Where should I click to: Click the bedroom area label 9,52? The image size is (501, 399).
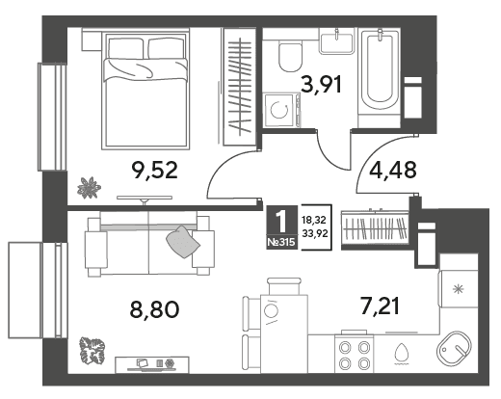pyautogui.click(x=155, y=171)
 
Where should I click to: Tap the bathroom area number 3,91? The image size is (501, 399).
pyautogui.click(x=321, y=85)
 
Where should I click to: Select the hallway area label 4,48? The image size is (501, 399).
pyautogui.click(x=393, y=170)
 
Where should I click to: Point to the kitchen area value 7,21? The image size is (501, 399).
pyautogui.click(x=381, y=306)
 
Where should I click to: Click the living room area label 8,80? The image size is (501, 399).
pyautogui.click(x=154, y=309)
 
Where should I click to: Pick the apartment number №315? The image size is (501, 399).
pyautogui.click(x=281, y=242)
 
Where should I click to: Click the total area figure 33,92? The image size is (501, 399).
pyautogui.click(x=315, y=233)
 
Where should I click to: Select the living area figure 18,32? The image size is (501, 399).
pyautogui.click(x=314, y=220)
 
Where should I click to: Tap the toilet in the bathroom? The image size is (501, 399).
pyautogui.click(x=290, y=56)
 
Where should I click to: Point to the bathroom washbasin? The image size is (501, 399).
pyautogui.click(x=336, y=40)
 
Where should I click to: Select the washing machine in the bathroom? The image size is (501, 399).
pyautogui.click(x=281, y=110)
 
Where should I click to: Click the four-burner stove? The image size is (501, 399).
pyautogui.click(x=355, y=354)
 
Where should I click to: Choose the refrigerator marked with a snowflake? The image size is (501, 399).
pyautogui.click(x=459, y=289)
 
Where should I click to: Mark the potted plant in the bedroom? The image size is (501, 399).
pyautogui.click(x=89, y=188)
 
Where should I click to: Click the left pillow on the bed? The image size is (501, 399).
pyautogui.click(x=125, y=48)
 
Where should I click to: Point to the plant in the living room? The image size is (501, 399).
pyautogui.click(x=92, y=349)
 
